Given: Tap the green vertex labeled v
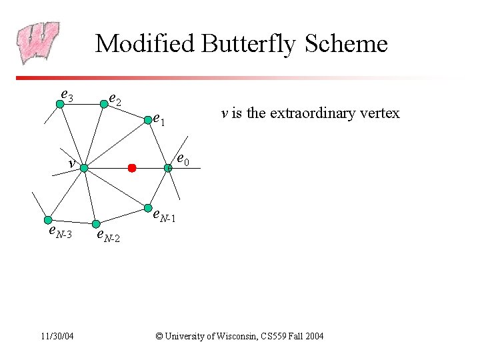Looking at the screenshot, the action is pos(84,169).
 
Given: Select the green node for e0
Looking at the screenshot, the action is pos(169,167).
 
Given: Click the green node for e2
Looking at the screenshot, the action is pos(103,103).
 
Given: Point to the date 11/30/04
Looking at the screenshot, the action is pos(55,336).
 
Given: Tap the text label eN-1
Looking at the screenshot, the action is pos(165,217).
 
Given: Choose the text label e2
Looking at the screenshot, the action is pos(115,101).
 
